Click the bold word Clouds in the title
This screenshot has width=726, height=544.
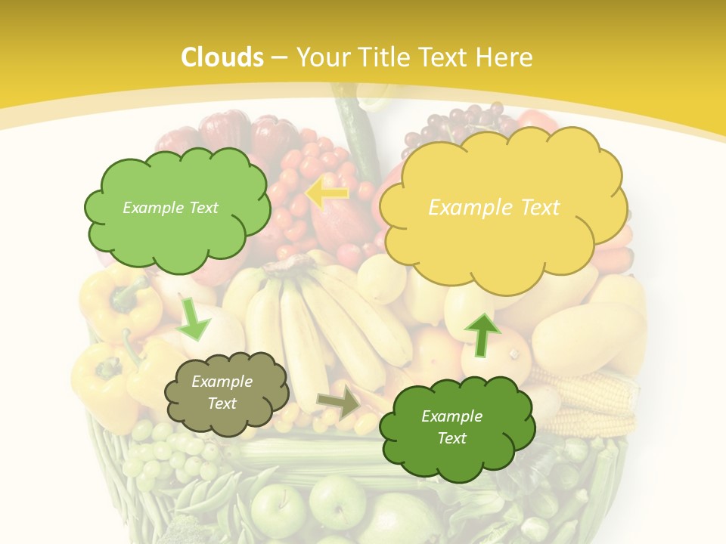tap(222, 57)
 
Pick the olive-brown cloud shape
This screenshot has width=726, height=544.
tap(226, 392)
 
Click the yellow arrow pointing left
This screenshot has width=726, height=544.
tap(326, 193)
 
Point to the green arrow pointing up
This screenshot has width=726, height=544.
tap(481, 332)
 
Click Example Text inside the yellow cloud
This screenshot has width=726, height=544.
tap(494, 208)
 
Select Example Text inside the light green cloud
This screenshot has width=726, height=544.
tap(170, 208)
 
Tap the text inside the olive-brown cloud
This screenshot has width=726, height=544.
tap(222, 393)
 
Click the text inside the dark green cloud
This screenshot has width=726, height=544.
tap(451, 427)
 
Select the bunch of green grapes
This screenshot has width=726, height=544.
tap(163, 453)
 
